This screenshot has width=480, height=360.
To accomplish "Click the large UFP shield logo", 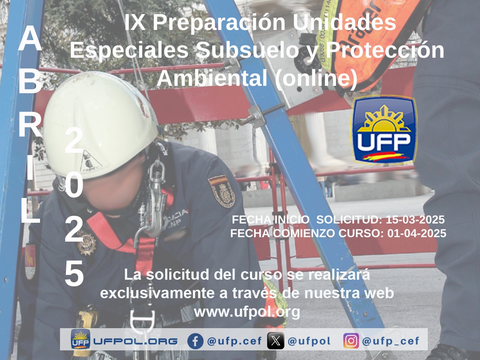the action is (x=384, y=130).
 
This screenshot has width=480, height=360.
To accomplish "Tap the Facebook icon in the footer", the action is (x=195, y=341).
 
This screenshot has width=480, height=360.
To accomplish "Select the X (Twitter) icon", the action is (x=276, y=341).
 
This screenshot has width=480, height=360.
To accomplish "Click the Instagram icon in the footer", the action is (x=351, y=341).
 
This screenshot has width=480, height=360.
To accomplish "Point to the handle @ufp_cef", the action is (x=391, y=341).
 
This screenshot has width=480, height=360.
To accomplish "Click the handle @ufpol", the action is (x=309, y=341).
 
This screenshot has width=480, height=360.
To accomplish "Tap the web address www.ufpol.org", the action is (x=247, y=312).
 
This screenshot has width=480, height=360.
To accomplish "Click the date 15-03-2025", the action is (x=415, y=219).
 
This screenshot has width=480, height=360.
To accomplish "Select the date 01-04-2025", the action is (x=417, y=233).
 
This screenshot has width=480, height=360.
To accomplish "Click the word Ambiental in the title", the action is (x=212, y=78).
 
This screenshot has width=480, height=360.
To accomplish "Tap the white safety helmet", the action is (x=101, y=125).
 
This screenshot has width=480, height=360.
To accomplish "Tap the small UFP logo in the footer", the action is (x=80, y=339).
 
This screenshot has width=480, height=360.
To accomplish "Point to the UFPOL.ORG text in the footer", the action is (x=136, y=341).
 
